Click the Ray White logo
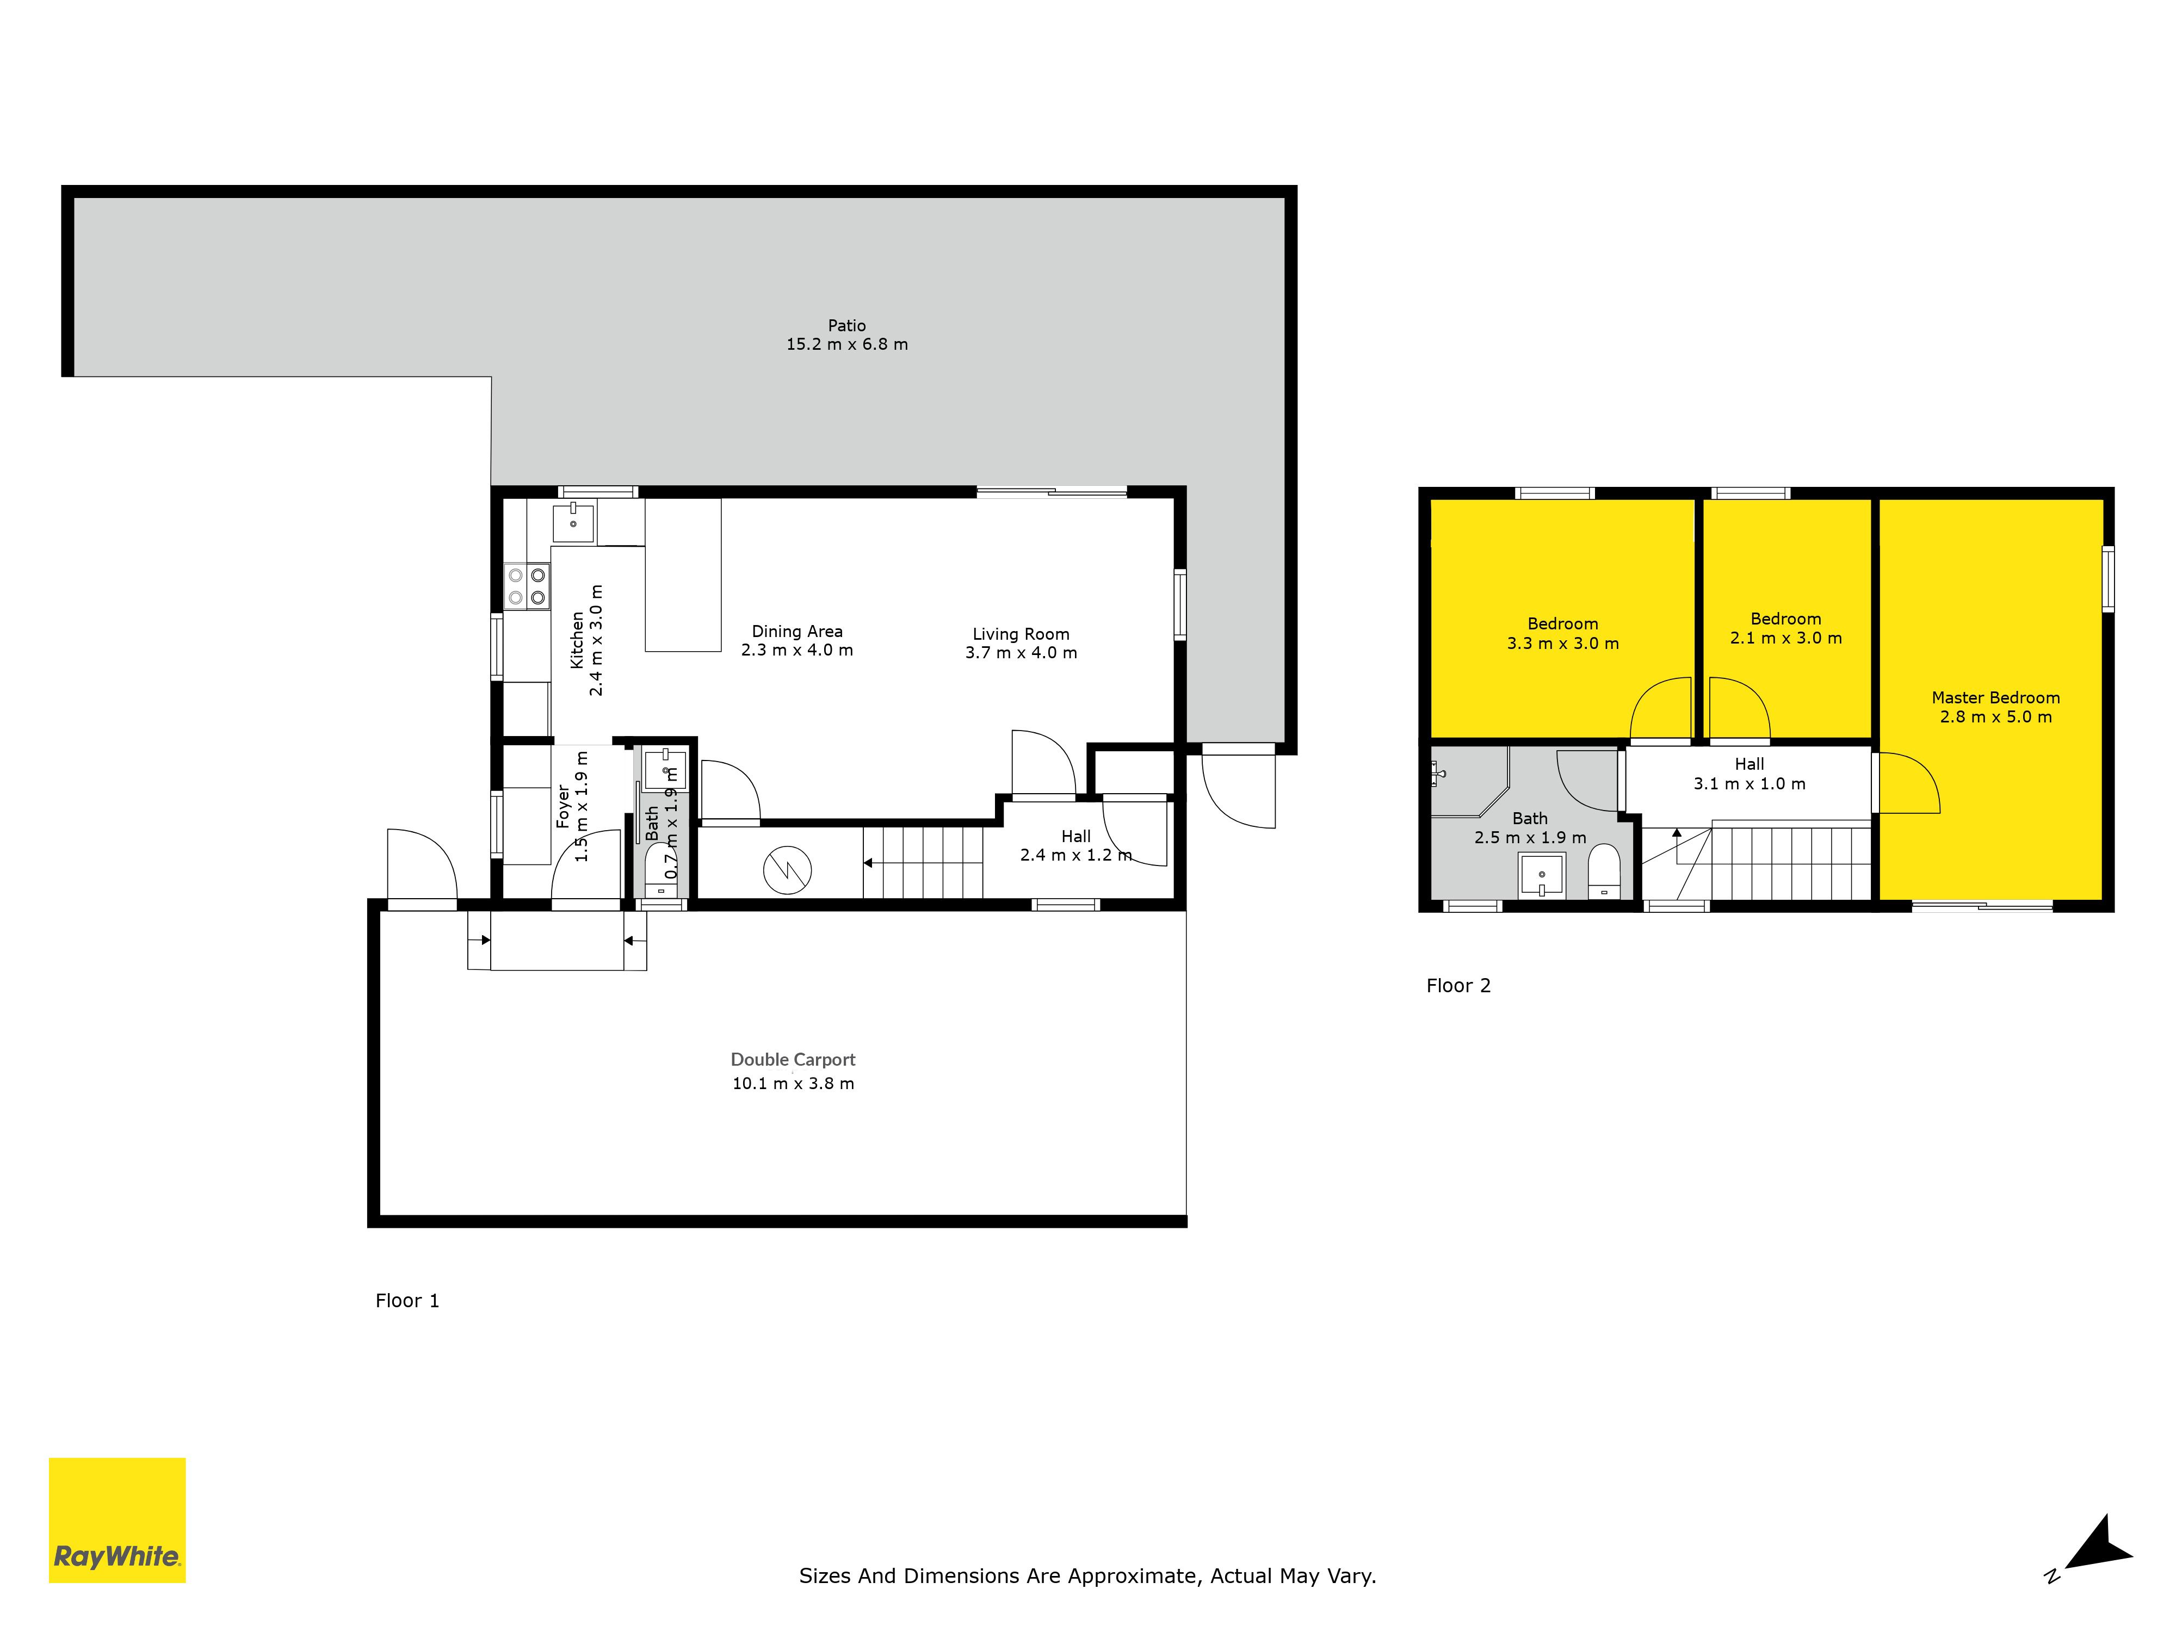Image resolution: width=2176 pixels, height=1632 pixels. (117, 1520)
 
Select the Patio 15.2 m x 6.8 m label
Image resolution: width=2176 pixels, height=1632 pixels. (846, 335)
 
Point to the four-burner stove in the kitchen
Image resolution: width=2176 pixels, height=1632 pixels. (526, 586)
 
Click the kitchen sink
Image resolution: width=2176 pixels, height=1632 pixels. (572, 522)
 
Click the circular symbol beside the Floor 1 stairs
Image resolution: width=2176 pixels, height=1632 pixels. (788, 870)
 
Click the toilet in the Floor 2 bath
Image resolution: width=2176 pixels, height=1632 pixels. (1604, 870)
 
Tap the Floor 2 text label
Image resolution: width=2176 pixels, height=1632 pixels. (1458, 986)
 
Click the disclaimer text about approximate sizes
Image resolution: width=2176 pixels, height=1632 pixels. (1087, 1576)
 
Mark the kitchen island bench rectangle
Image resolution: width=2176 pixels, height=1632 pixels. (683, 576)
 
